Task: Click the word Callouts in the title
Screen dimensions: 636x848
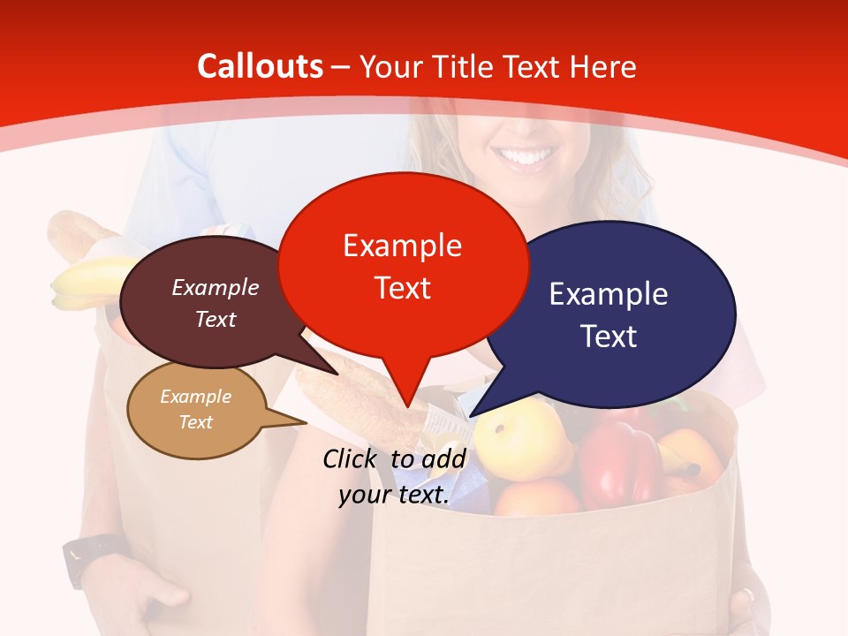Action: click(260, 66)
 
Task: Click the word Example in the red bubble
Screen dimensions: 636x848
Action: click(403, 245)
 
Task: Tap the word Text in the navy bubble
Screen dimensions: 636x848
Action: click(609, 337)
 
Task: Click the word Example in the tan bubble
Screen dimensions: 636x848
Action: click(195, 397)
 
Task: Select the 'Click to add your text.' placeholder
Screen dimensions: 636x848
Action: click(394, 477)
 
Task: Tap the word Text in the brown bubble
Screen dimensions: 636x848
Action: click(216, 319)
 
